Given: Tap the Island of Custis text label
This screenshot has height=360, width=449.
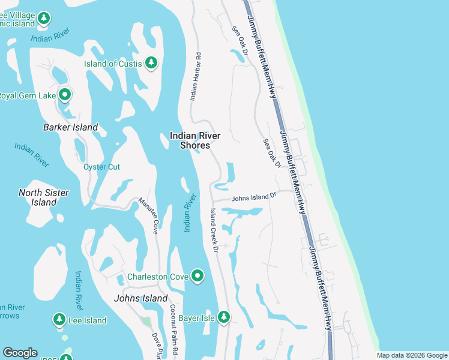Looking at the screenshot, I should click(x=113, y=64).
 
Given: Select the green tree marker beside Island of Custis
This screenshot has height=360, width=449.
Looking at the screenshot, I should click(x=151, y=63).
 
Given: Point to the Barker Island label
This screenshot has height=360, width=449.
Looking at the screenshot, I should click(x=70, y=127).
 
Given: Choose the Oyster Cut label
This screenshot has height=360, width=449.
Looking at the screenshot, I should click(x=101, y=167).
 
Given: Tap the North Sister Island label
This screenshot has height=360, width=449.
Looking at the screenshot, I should click(x=44, y=197).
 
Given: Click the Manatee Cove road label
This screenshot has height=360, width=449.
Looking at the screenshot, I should click(x=148, y=216).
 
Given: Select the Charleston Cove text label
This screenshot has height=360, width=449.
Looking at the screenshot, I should click(x=158, y=277).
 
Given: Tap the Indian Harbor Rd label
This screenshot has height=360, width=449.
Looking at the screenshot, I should click(x=195, y=76).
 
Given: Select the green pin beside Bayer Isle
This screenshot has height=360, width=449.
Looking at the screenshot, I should click(x=223, y=316).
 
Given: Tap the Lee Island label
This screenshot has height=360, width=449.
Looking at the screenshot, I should click(x=87, y=320).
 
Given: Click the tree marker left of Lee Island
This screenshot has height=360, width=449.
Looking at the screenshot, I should click(x=59, y=319).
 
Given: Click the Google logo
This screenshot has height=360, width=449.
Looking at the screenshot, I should click(x=20, y=353).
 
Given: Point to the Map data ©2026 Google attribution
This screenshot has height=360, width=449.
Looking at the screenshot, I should click(x=412, y=355).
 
